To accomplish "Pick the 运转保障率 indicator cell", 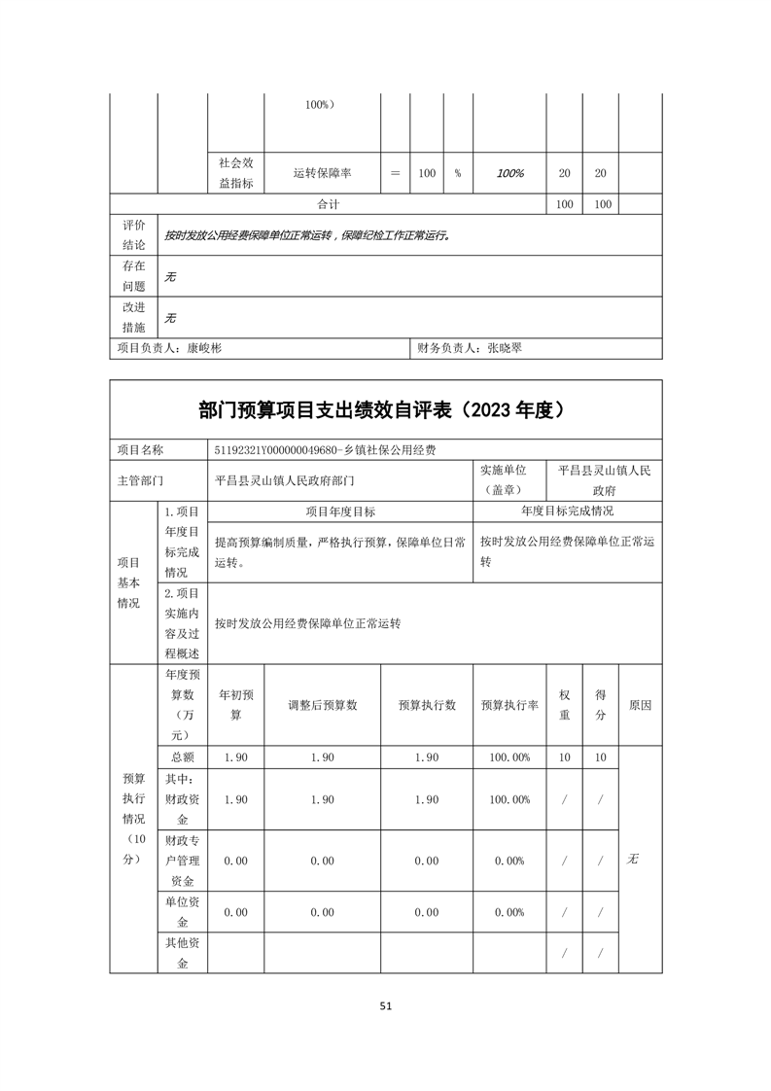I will (322, 173).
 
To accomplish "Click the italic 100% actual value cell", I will (509, 173).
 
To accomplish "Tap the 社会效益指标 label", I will (236, 173).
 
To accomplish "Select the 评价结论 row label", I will (133, 234).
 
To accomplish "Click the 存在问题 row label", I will (133, 275).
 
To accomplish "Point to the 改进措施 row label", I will (133, 317).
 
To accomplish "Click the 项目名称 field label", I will (140, 450).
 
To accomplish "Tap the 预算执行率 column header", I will (509, 706).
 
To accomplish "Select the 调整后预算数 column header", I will (322, 706).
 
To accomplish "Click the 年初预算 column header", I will (235, 706).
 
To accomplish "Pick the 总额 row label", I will (183, 757).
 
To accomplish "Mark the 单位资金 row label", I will (183, 912).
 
